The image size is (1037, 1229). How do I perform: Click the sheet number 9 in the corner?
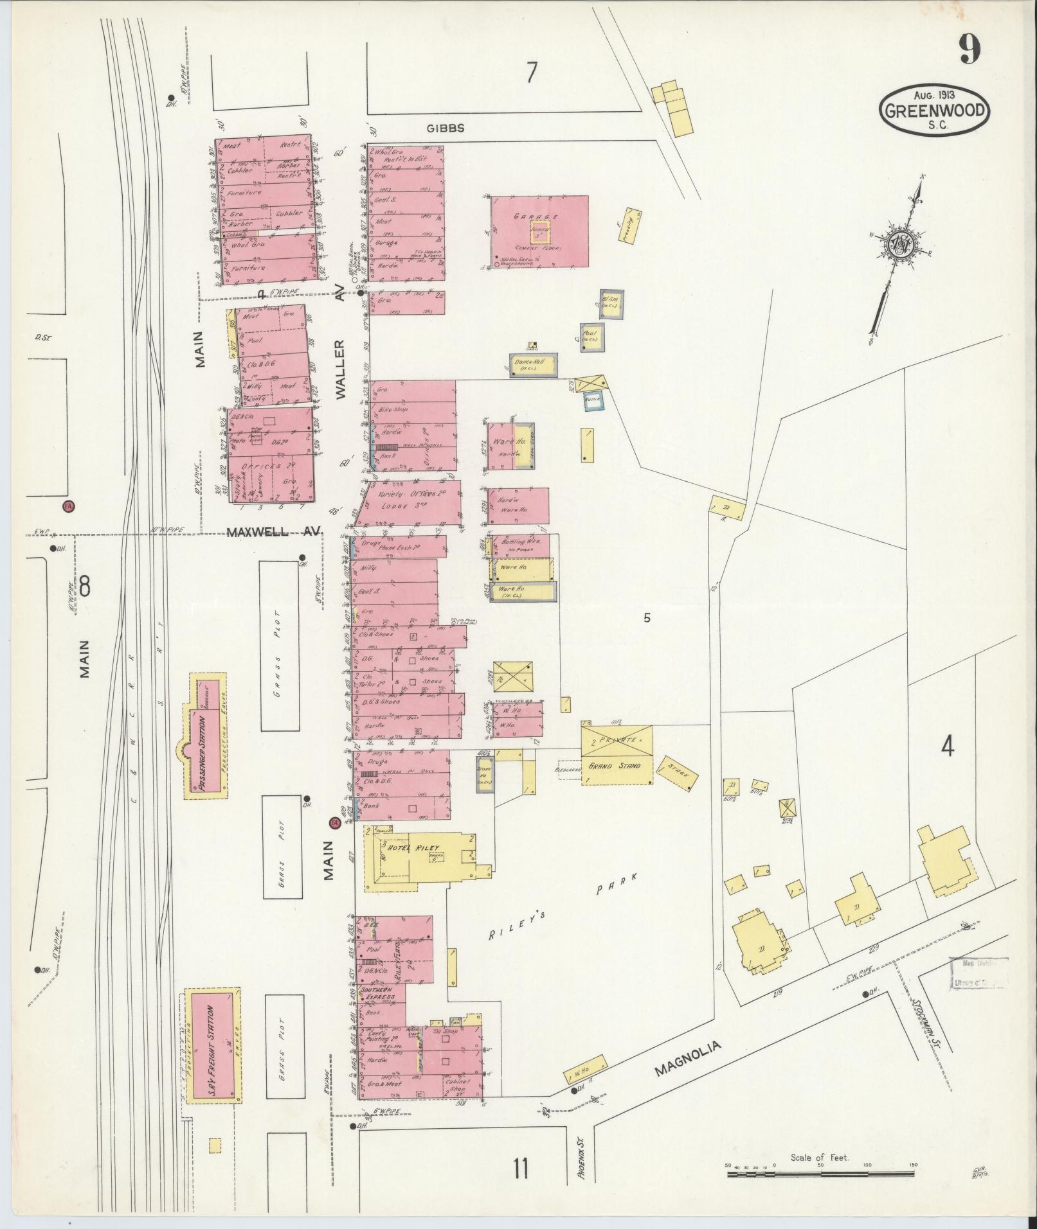[970, 49]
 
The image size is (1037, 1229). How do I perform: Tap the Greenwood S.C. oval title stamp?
[934, 111]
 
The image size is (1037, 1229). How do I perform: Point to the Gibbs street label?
[446, 128]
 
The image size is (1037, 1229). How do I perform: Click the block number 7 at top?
[530, 73]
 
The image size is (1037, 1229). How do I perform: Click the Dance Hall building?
[533, 364]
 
